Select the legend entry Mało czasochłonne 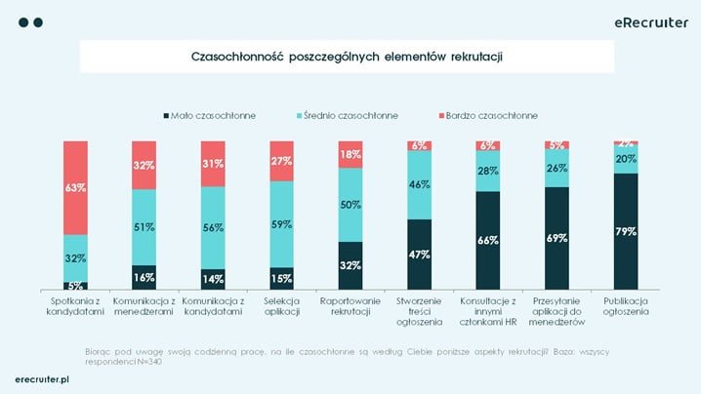[209, 115]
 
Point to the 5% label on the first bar [76, 286]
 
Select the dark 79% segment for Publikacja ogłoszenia [626, 231]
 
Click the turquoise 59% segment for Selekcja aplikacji [282, 224]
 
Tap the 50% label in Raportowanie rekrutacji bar [350, 204]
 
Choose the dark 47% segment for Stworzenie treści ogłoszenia [420, 254]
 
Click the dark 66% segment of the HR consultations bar [488, 240]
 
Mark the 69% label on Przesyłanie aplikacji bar [557, 237]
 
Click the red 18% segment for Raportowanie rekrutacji [350, 154]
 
